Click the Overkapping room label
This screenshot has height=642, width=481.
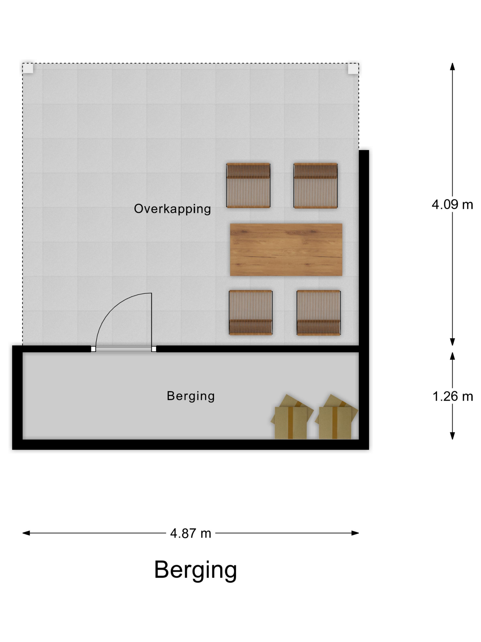172,209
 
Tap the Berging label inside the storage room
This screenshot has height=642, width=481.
191,396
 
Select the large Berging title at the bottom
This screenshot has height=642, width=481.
195,570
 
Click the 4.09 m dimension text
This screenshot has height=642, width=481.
452,205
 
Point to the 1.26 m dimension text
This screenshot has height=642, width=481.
452,396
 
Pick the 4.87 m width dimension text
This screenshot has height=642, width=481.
191,533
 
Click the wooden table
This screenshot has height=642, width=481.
286,250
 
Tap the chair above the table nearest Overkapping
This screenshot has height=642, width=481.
248,185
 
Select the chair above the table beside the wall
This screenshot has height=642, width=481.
315,185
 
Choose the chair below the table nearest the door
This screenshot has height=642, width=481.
251,313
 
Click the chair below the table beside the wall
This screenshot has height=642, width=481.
318,313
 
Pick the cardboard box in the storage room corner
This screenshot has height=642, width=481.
336,417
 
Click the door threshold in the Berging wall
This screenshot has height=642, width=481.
123,349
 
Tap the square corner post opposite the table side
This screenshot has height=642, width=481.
28,69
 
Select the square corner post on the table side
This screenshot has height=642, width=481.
353,69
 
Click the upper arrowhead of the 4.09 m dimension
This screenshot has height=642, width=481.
452,66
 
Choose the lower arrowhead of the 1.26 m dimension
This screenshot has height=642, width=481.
452,436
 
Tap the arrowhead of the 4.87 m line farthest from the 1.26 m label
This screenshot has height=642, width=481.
26,533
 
